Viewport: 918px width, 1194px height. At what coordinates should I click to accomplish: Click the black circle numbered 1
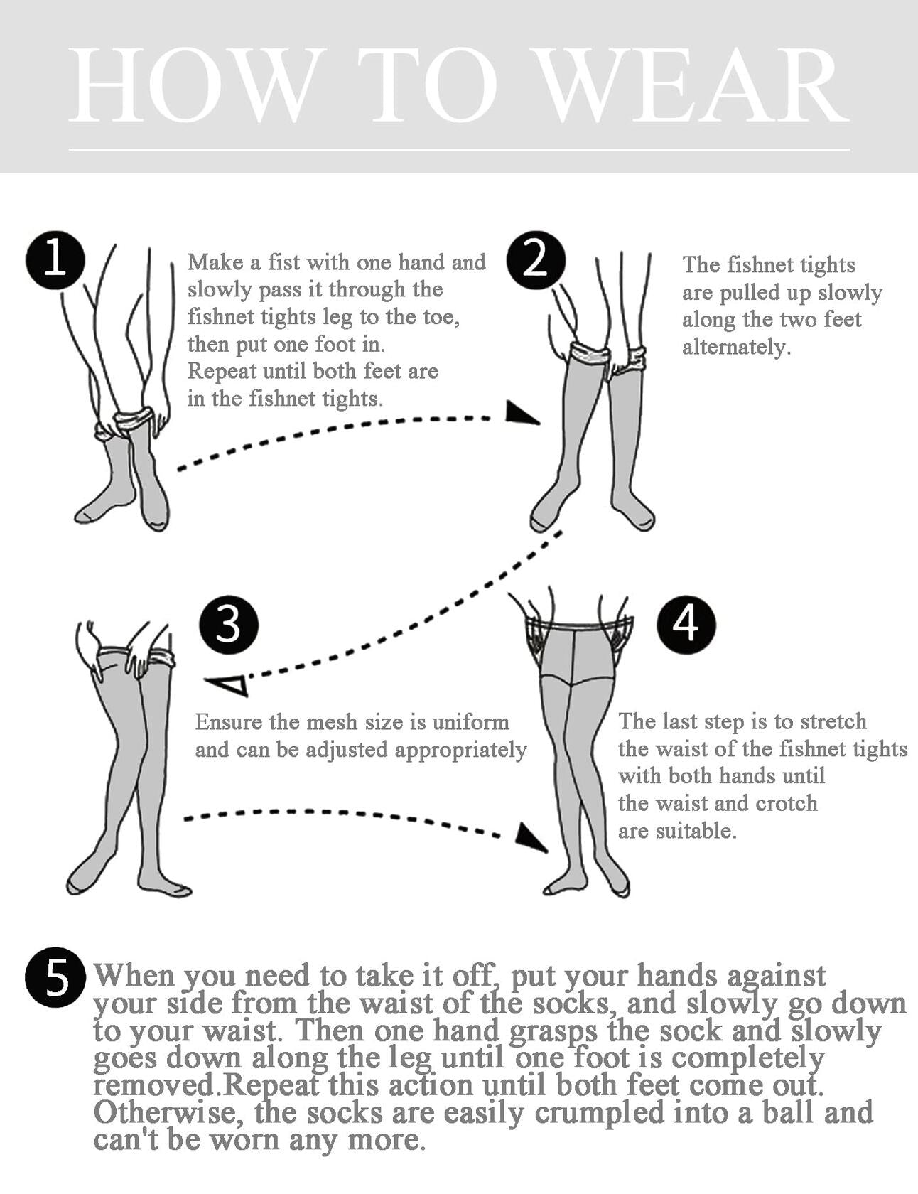[x=55, y=259]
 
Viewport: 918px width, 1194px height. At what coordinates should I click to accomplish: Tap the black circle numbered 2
[x=536, y=259]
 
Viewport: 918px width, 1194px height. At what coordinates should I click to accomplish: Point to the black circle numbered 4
[x=686, y=625]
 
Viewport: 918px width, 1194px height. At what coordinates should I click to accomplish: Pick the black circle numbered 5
[x=55, y=977]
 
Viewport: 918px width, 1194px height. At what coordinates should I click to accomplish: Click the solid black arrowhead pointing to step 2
[x=522, y=413]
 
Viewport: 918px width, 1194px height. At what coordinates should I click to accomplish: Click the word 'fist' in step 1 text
[x=283, y=262]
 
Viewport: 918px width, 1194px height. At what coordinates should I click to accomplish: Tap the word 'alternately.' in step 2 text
[x=737, y=347]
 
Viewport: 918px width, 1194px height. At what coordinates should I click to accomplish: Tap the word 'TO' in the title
[x=434, y=86]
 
